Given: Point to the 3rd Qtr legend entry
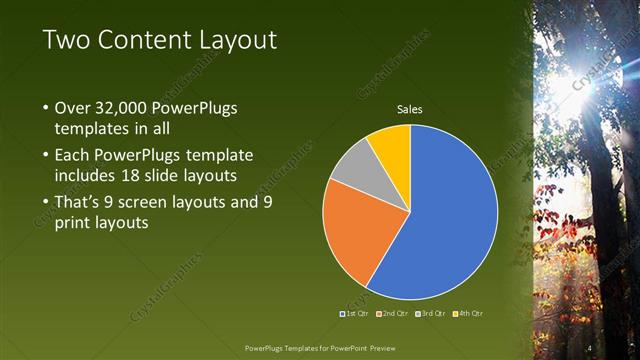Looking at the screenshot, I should pyautogui.click(x=431, y=313).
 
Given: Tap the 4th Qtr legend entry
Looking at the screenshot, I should pyautogui.click(x=469, y=313).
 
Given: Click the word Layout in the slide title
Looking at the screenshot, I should pyautogui.click(x=231, y=40).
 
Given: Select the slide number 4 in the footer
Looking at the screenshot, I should pyautogui.click(x=590, y=347).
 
